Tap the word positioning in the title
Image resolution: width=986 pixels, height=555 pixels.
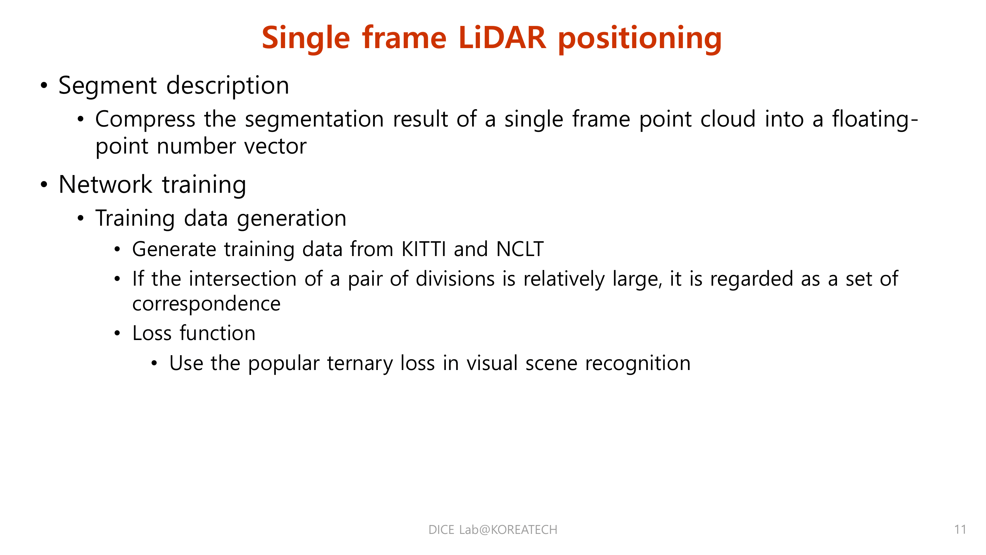(x=640, y=38)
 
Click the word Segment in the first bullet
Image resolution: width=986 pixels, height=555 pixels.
(x=108, y=85)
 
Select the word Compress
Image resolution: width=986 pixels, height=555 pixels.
(x=145, y=119)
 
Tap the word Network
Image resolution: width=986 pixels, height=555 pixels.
(x=105, y=185)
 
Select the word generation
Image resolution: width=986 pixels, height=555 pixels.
(x=292, y=218)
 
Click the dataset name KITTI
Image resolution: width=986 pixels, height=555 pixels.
(x=423, y=249)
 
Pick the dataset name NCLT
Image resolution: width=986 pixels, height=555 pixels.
(x=519, y=249)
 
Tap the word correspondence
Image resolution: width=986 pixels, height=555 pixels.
(x=206, y=304)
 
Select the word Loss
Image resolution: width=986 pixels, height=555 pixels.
(x=152, y=333)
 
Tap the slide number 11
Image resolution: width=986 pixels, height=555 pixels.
(x=960, y=530)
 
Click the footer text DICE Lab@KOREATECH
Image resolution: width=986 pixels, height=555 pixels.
(x=492, y=530)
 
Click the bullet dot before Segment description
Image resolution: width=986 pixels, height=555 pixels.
(x=44, y=86)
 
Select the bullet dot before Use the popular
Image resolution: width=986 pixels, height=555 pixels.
(x=154, y=363)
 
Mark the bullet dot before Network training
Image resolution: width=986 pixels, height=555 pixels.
(x=44, y=185)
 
